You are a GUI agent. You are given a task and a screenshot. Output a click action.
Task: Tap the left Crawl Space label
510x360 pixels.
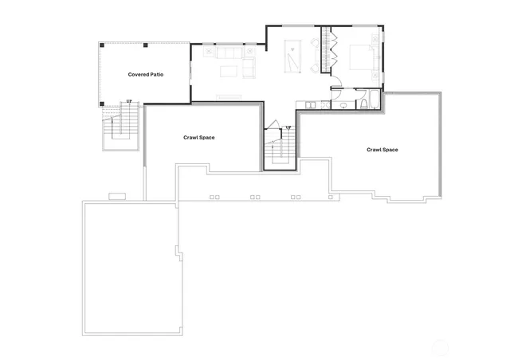[x=198, y=138]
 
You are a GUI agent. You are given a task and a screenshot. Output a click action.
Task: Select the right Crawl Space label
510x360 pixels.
[x=382, y=150]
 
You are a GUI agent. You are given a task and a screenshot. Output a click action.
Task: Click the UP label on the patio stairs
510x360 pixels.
[x=128, y=101]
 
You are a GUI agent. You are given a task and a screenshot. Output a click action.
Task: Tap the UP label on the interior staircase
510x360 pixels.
[x=288, y=127]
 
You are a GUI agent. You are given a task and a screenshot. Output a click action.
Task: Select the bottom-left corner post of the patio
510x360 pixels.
[x=101, y=104]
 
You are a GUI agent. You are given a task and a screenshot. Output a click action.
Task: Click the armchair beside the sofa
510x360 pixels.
[x=250, y=68]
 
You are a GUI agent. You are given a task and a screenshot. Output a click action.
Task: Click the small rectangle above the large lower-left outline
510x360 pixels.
[x=117, y=196]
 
